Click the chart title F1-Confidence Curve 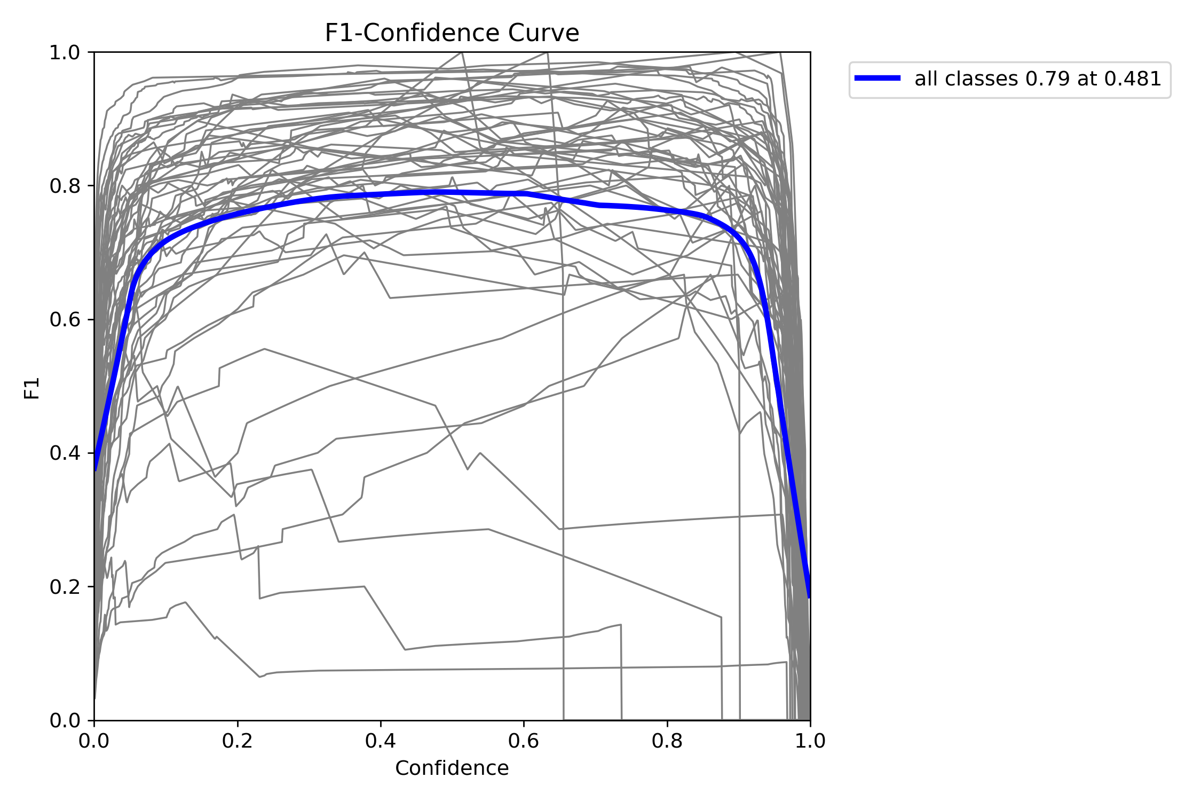[x=452, y=33]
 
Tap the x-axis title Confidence [x=452, y=768]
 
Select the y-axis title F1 [x=32, y=388]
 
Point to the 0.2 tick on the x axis [x=238, y=741]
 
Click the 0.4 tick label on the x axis [x=381, y=741]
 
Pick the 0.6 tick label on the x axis [x=524, y=741]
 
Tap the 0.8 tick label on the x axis [x=667, y=741]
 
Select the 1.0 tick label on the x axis [x=810, y=741]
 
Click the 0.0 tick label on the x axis [x=94, y=741]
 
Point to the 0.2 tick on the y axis [x=65, y=587]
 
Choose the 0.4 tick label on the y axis [x=65, y=453]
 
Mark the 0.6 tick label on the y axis [x=65, y=320]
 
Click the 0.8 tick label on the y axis [x=65, y=186]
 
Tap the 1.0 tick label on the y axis [x=65, y=53]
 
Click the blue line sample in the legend [x=878, y=78]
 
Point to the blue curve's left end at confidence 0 [x=96, y=469]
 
